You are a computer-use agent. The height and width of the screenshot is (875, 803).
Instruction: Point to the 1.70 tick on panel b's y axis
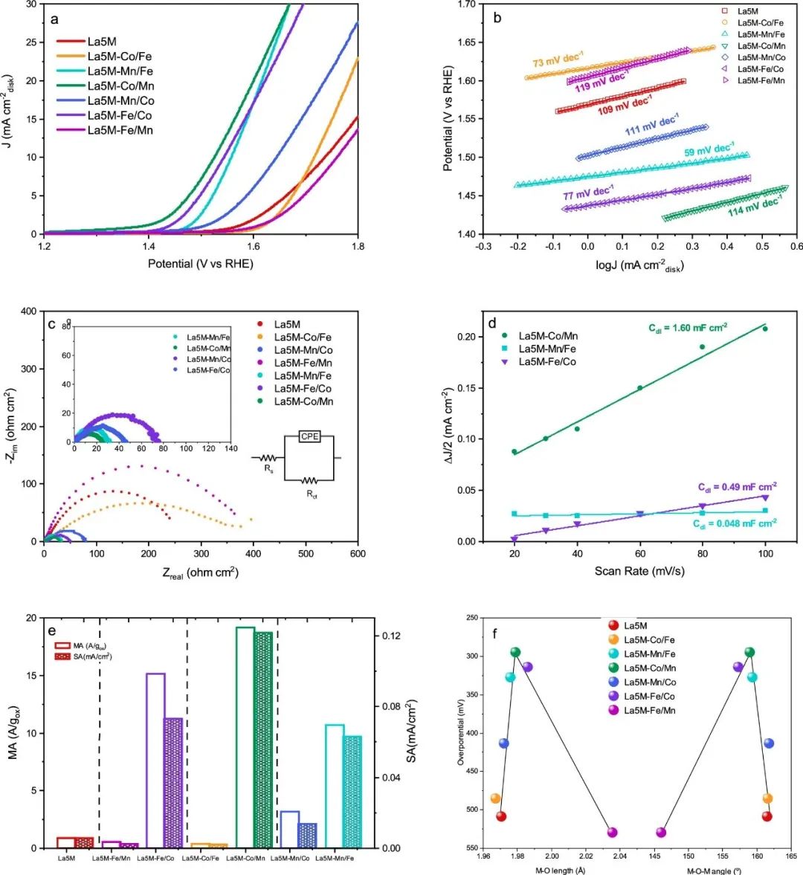(x=466, y=4)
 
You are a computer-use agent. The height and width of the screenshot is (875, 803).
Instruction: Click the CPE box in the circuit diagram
(x=309, y=436)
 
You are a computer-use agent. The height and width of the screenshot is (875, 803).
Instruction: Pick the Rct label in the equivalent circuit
(x=312, y=494)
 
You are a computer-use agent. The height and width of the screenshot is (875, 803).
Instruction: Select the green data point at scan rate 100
(x=764, y=329)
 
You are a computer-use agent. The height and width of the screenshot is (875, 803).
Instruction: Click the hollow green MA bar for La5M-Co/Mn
(x=245, y=736)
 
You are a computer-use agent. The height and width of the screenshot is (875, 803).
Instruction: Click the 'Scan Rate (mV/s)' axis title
(x=639, y=571)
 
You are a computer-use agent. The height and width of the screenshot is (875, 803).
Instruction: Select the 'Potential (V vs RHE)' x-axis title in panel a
(x=200, y=264)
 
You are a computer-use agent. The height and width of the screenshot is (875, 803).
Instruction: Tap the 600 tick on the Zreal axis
(x=358, y=554)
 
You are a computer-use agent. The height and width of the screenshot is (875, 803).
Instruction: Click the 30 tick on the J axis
(x=31, y=4)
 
